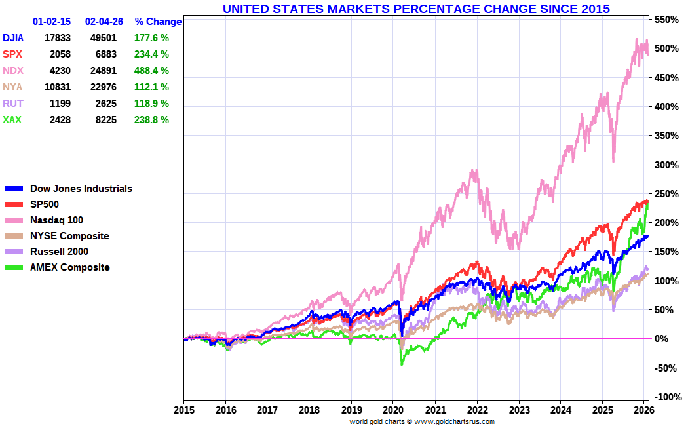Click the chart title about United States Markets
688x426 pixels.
point(416,9)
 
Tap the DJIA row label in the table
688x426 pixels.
point(14,38)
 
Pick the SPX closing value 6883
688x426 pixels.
point(104,54)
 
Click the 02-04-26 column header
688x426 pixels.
point(104,22)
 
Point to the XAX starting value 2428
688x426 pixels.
point(58,120)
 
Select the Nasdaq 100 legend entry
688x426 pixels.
point(56,220)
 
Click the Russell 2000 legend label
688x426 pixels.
point(59,252)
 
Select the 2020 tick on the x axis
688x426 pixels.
point(393,410)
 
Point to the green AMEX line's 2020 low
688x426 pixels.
point(402,364)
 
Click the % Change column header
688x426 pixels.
point(158,22)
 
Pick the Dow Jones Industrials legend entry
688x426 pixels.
point(81,189)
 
